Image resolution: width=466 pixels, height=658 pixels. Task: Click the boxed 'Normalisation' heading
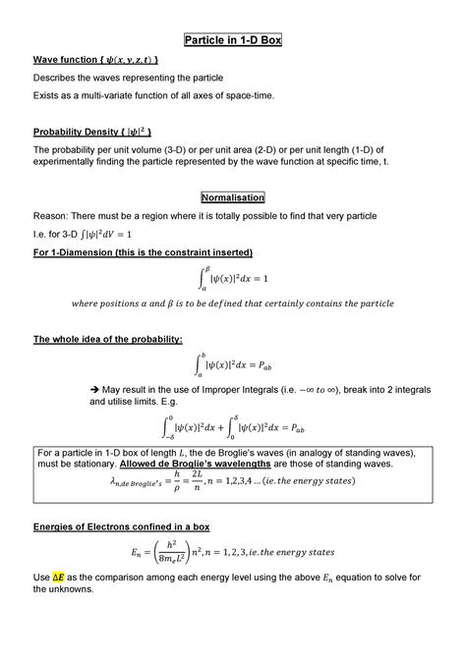[x=233, y=196]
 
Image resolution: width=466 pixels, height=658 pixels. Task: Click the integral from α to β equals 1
[x=233, y=278]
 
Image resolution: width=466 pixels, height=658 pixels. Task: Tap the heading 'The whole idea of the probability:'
[x=108, y=339]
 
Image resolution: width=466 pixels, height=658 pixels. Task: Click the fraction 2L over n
[x=209, y=481]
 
